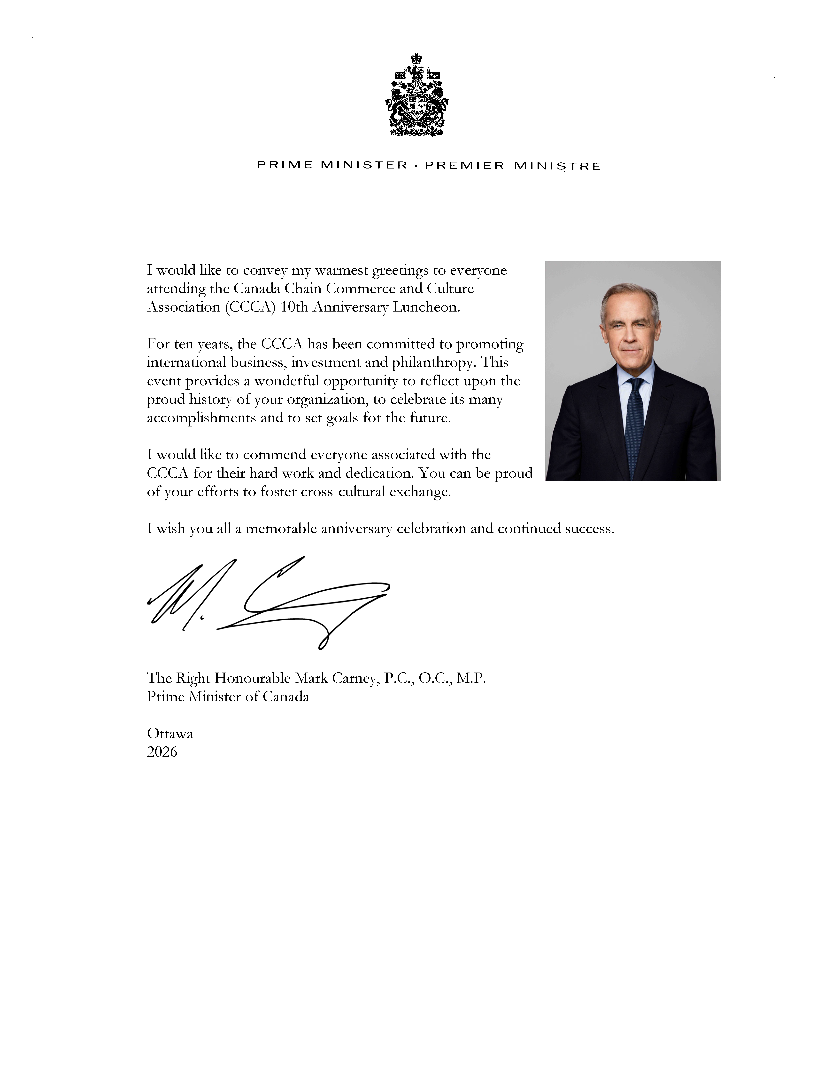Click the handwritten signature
[x=267, y=602]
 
